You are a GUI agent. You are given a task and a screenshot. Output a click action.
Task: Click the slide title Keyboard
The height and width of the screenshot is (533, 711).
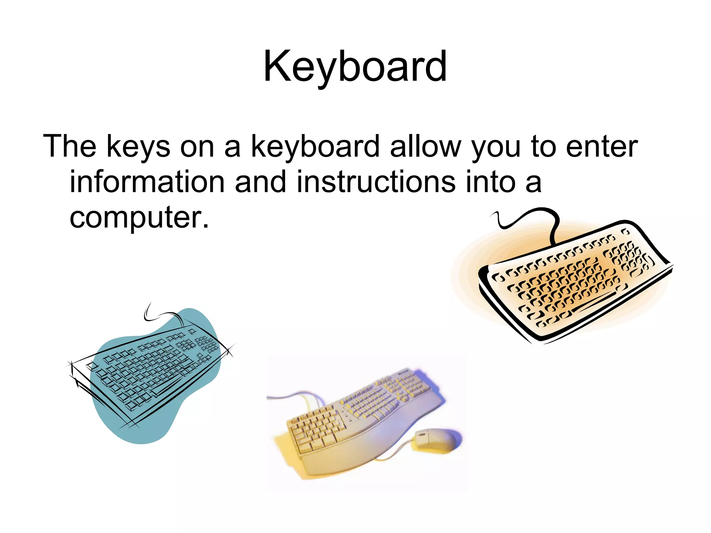355,67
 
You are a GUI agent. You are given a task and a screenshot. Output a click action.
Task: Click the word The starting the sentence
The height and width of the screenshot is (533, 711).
69,146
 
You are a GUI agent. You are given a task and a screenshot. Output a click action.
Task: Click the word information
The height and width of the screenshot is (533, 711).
147,182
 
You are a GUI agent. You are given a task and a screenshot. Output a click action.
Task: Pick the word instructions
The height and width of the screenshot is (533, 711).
376,182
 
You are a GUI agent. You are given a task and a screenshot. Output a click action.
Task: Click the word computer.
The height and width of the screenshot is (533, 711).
139,218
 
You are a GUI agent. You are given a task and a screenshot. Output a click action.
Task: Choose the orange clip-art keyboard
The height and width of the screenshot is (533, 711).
573,281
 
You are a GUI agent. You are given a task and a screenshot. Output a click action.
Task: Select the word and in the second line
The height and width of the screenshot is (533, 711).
260,182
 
